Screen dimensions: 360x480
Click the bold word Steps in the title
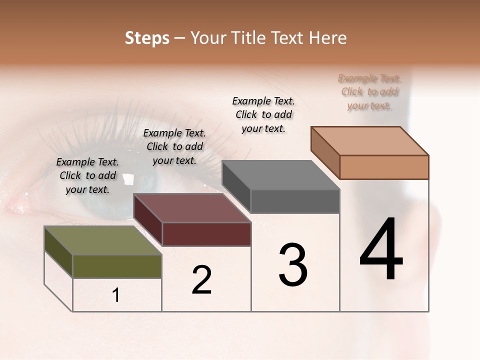[147, 38]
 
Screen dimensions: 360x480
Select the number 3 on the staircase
[293, 264]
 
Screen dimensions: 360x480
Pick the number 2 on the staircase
[202, 280]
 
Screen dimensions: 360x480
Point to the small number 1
[116, 295]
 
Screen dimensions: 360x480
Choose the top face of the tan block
[370, 141]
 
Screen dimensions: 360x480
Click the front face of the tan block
[384, 167]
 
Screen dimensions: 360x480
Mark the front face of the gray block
[295, 201]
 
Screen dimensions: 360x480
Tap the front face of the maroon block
[206, 234]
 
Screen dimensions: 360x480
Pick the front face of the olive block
[117, 266]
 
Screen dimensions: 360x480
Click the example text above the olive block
[87, 175]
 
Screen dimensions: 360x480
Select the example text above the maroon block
[174, 146]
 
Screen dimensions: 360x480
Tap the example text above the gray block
[263, 114]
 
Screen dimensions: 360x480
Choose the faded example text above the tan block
[369, 91]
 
